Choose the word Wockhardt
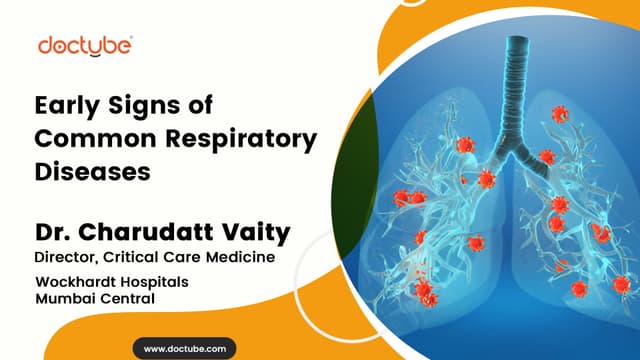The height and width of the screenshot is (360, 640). [76, 282]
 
